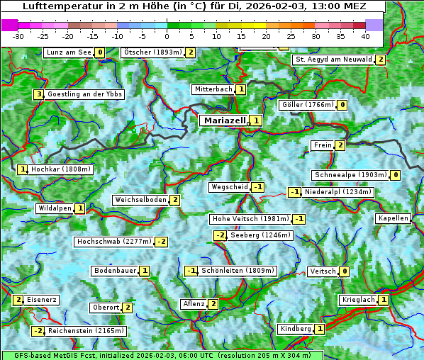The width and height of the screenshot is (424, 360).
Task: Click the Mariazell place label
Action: pos(224,120)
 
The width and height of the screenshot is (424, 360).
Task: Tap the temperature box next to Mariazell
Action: pos(255,120)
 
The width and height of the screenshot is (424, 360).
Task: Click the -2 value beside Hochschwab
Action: pos(162,242)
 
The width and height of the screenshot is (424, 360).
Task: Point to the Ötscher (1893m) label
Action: pos(152,52)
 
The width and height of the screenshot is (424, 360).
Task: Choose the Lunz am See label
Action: pos(69,52)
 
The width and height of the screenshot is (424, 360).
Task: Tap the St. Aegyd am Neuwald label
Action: pos(333,60)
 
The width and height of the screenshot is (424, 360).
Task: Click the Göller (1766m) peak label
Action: pos(307,105)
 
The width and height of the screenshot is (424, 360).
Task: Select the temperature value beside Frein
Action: pos(340,145)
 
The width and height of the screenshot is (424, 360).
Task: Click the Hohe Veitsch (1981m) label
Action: pos(250,219)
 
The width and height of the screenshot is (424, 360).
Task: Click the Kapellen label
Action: pos(393,218)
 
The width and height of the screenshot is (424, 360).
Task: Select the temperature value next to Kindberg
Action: pos(320,329)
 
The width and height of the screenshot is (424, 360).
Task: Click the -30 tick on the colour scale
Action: pos(18,36)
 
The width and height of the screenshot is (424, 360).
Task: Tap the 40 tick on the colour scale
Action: pos(365,36)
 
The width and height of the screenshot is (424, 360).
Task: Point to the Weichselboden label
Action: pos(140,200)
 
